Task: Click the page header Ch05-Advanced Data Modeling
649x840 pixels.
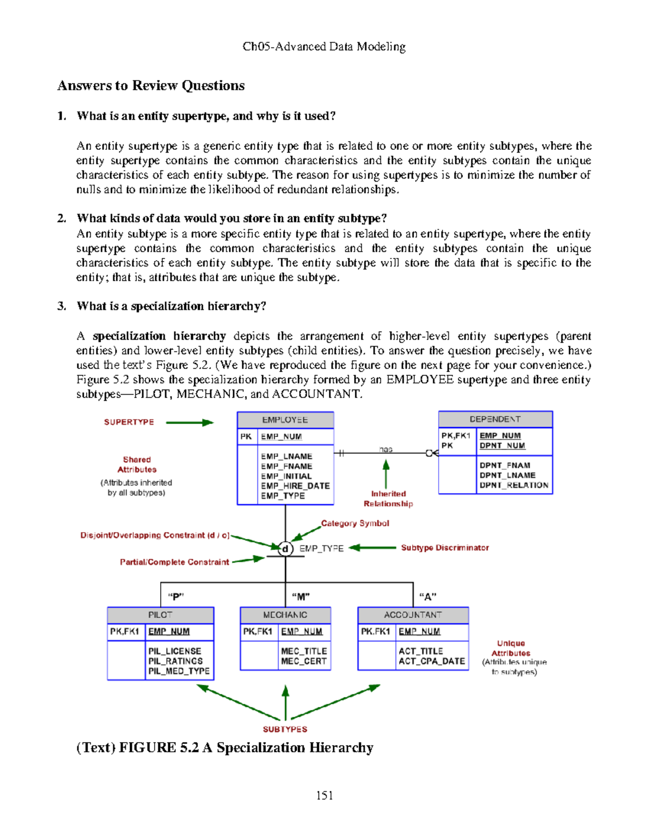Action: [x=324, y=47]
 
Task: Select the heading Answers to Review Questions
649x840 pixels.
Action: [x=151, y=85]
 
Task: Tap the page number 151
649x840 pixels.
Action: [x=325, y=795]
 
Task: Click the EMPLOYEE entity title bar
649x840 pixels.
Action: [x=285, y=420]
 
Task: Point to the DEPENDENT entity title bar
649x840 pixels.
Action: [x=495, y=419]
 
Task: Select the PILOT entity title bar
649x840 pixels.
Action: [x=160, y=615]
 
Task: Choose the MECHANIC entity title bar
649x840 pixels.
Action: [x=285, y=615]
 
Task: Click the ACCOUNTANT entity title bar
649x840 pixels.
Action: [x=413, y=615]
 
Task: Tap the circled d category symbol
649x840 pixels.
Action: [x=285, y=548]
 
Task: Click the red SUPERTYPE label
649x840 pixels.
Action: [x=129, y=422]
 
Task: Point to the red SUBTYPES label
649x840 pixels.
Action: [x=285, y=729]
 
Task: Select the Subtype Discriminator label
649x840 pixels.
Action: [x=445, y=548]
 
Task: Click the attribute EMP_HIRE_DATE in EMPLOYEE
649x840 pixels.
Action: [x=295, y=486]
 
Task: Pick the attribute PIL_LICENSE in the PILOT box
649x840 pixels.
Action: [x=175, y=651]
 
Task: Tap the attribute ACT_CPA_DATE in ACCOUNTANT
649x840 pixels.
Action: [x=432, y=661]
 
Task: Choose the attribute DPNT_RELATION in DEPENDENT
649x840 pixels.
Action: [x=514, y=485]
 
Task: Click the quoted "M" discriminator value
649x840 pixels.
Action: [x=301, y=597]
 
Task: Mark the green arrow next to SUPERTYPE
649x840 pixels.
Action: [x=189, y=422]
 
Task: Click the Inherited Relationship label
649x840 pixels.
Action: [x=388, y=499]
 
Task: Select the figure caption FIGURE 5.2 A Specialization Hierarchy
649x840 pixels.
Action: [x=225, y=748]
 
